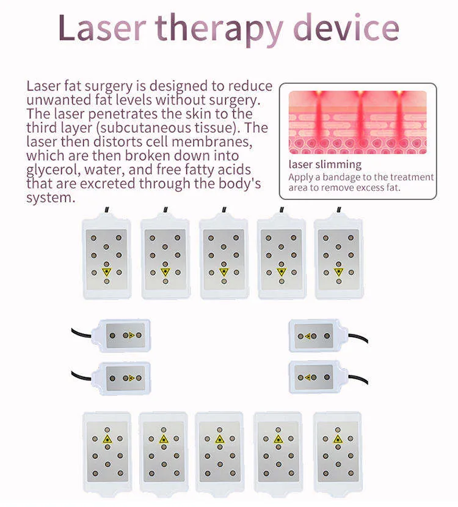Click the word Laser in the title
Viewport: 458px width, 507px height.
click(x=102, y=28)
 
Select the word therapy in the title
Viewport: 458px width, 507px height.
click(x=219, y=30)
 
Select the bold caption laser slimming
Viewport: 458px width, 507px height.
click(x=325, y=165)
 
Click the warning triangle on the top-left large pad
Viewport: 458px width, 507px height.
click(x=106, y=272)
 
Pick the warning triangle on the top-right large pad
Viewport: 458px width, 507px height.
click(x=338, y=272)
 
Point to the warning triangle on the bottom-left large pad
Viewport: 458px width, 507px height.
click(x=107, y=439)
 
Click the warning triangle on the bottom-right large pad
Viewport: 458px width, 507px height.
click(x=338, y=439)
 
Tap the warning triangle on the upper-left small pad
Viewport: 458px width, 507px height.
click(x=131, y=335)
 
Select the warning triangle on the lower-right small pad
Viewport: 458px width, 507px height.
click(x=308, y=377)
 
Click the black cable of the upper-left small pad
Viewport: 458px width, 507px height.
click(x=81, y=333)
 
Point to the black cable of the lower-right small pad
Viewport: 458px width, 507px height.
click(x=358, y=379)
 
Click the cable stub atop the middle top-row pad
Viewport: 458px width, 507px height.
click(x=224, y=210)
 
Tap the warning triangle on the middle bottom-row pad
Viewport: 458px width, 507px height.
click(x=220, y=439)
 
